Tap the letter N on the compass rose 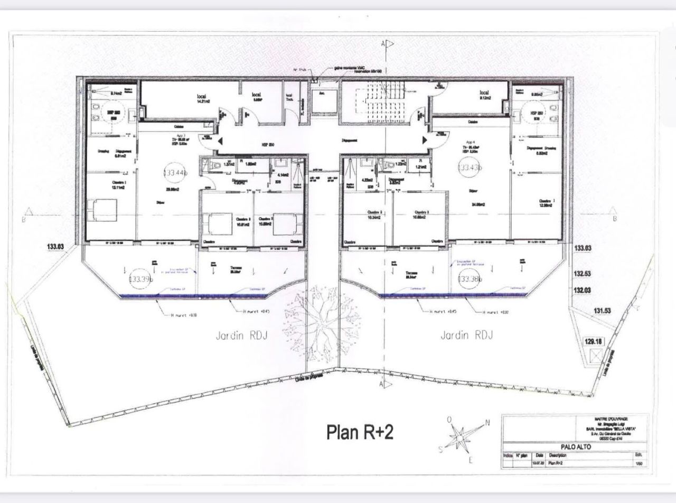pyautogui.click(x=487, y=423)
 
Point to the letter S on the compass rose pyautogui.click(x=440, y=450)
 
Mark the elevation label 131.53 pyautogui.click(x=602, y=311)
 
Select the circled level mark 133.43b pyautogui.click(x=470, y=167)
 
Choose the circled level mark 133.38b pyautogui.click(x=470, y=279)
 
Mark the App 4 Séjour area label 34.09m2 pyautogui.click(x=478, y=204)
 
